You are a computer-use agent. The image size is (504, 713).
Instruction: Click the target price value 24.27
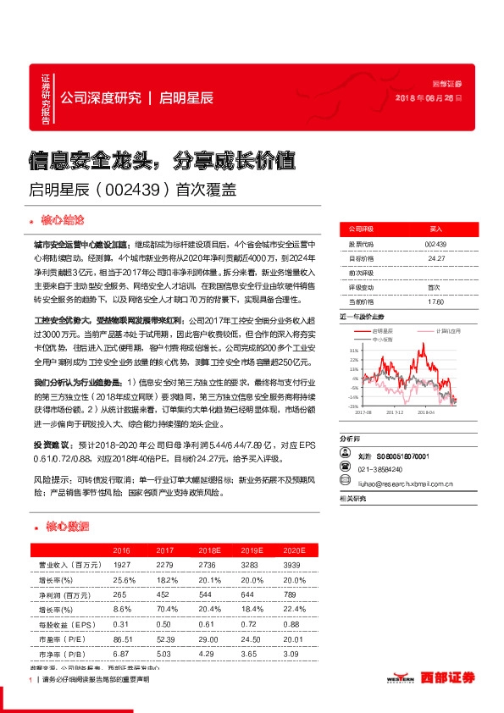(x=436, y=258)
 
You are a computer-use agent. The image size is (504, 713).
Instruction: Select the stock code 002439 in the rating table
(x=436, y=244)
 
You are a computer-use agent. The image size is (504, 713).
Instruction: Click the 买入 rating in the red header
(x=436, y=229)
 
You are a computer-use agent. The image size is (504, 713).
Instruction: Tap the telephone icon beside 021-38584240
(x=345, y=466)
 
